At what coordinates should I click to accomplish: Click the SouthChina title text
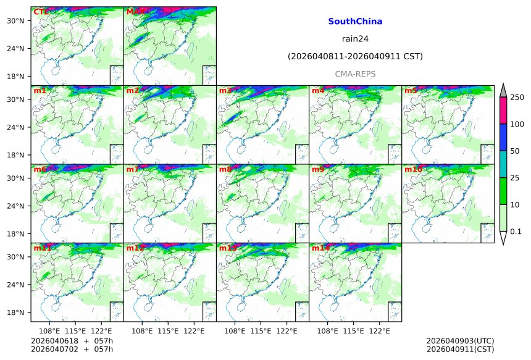[x=355, y=22]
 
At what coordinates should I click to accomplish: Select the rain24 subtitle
[x=355, y=39]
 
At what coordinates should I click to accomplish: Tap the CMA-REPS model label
[x=355, y=74]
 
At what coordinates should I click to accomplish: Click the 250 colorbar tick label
[x=517, y=97]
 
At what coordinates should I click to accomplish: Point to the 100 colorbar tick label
[x=517, y=124]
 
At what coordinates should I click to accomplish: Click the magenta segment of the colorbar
[x=503, y=111]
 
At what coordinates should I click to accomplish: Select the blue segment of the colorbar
[x=503, y=137]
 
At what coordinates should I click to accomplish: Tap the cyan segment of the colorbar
[x=503, y=164]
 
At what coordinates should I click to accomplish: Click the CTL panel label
[x=40, y=12]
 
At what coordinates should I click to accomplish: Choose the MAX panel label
[x=135, y=12]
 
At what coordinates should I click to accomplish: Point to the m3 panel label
[x=225, y=91]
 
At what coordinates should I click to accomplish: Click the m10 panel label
[x=413, y=169]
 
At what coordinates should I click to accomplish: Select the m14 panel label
[x=320, y=248]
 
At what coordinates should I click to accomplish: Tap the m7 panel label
[x=133, y=169]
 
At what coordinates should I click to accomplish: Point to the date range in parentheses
[x=355, y=57]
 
